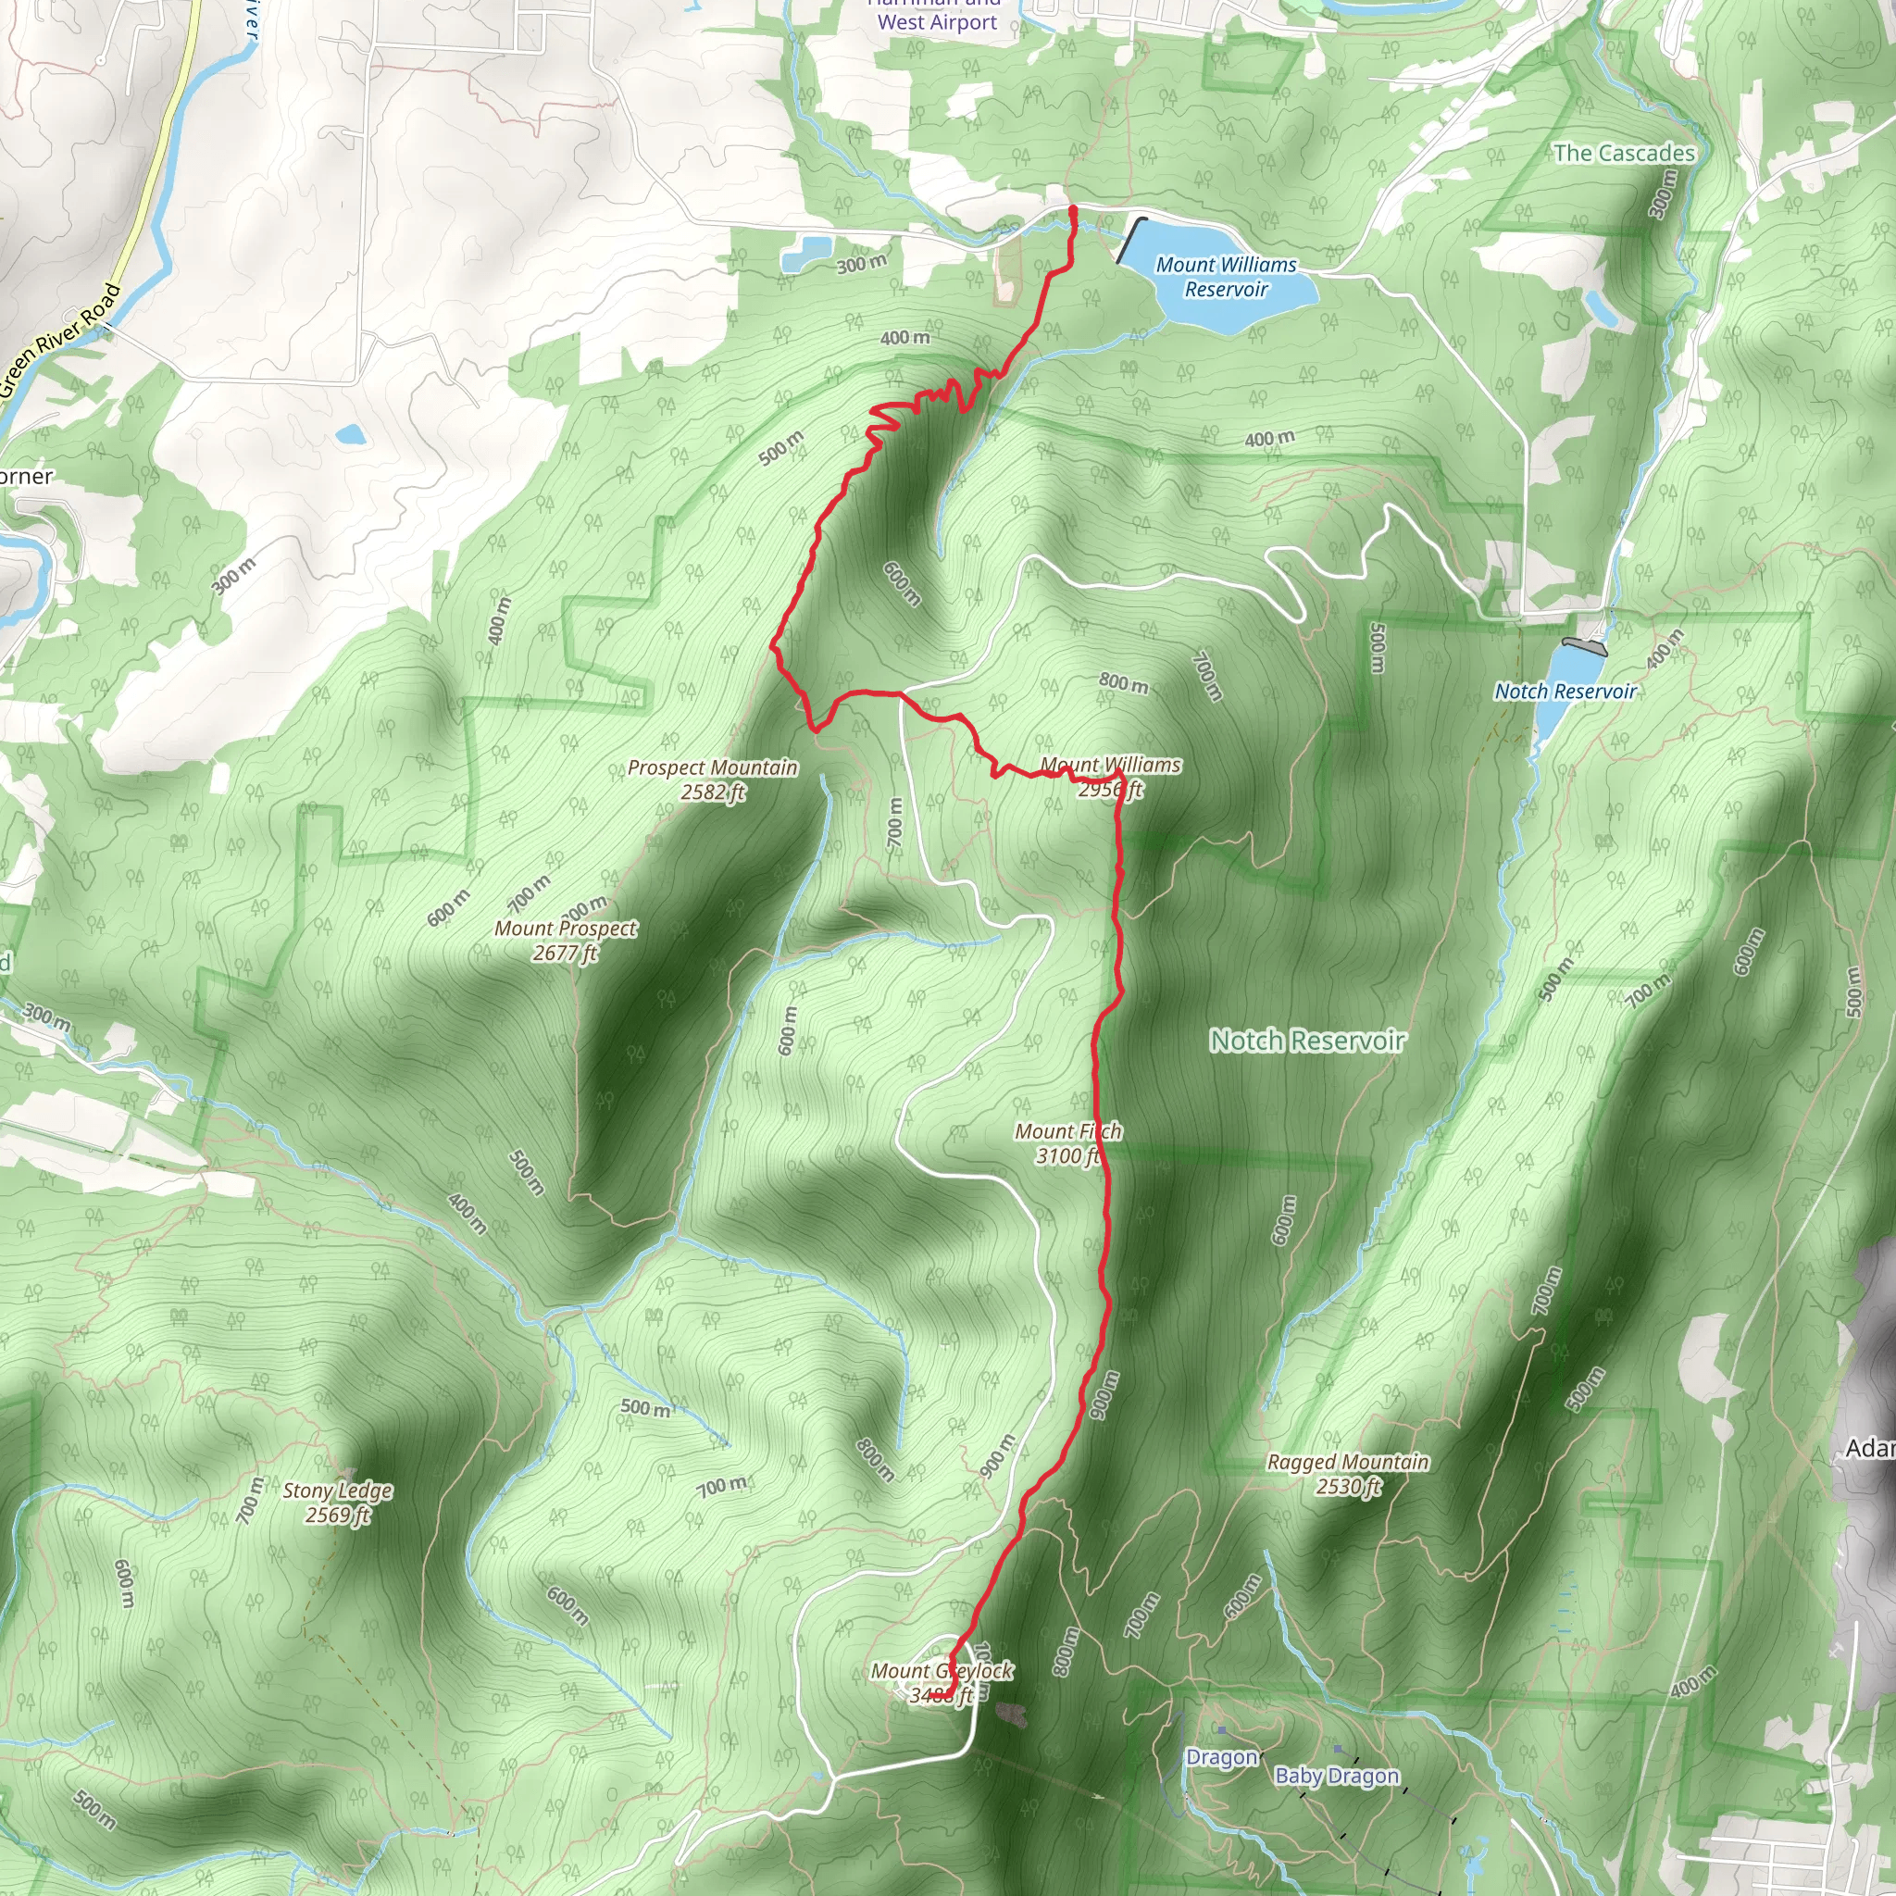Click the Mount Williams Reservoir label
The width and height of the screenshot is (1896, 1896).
tap(1226, 277)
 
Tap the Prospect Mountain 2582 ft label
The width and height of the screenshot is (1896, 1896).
tap(713, 780)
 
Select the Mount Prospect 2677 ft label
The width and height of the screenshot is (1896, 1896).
tap(566, 941)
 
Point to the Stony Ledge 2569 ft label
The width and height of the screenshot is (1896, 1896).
tap(338, 1503)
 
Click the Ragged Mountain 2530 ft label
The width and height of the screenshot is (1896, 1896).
tap(1347, 1474)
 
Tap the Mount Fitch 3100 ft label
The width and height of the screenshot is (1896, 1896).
tap(1067, 1143)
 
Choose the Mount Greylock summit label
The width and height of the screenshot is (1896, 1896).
tap(942, 1682)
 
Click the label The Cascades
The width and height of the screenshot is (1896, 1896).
tap(1624, 153)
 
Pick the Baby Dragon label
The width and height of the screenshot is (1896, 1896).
tap(1337, 1776)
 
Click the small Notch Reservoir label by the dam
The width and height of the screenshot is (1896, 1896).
tap(1565, 691)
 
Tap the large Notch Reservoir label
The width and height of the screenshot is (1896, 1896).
tap(1307, 1041)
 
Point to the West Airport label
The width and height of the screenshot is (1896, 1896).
tap(937, 21)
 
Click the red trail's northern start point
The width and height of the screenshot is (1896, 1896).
tap(1072, 210)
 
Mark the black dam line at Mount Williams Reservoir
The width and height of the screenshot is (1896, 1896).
tap(1131, 240)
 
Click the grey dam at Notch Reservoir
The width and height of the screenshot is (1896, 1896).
tap(1584, 646)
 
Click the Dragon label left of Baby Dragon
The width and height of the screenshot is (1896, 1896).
tap(1222, 1756)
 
